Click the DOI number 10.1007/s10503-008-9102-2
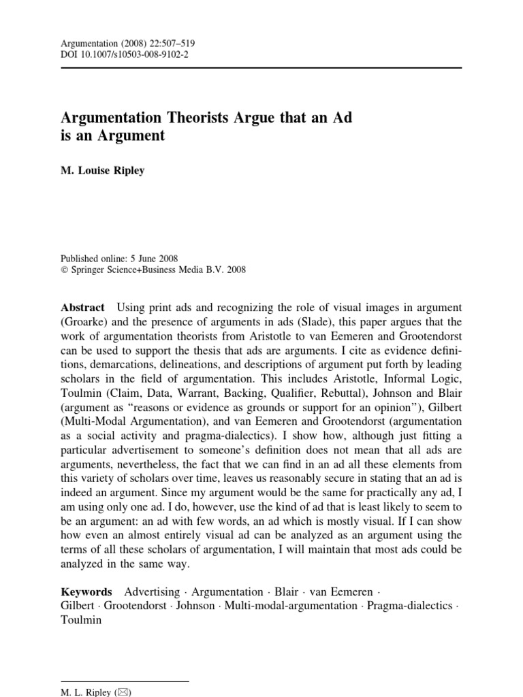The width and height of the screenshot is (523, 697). (x=136, y=55)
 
